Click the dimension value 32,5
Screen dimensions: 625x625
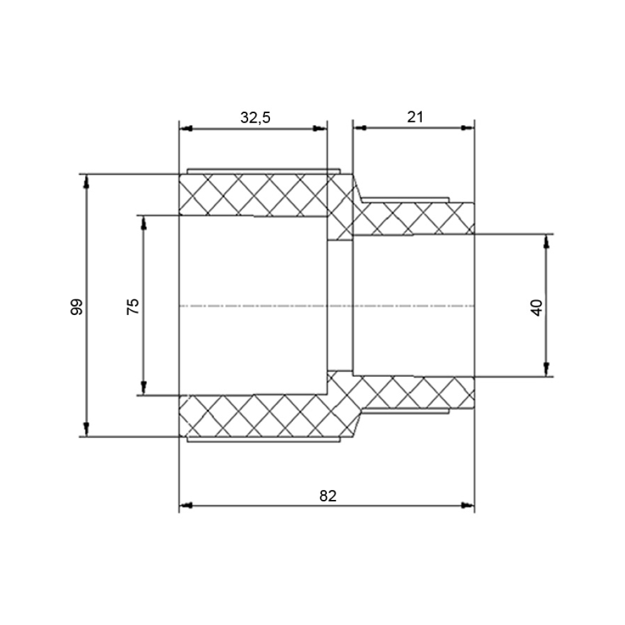(x=255, y=117)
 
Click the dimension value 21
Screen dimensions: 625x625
(x=415, y=117)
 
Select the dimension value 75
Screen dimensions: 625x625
(x=132, y=306)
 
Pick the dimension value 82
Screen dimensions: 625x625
(x=328, y=496)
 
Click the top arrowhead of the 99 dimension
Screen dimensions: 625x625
(x=86, y=181)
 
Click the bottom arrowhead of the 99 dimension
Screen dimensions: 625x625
(x=86, y=430)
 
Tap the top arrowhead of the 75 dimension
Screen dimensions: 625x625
(x=144, y=223)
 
